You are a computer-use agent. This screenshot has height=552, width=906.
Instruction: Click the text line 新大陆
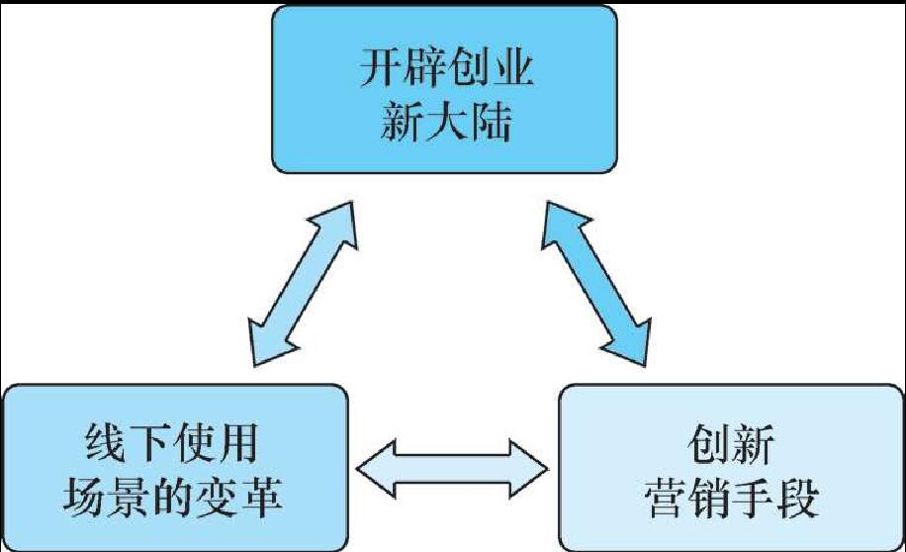[x=445, y=124]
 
